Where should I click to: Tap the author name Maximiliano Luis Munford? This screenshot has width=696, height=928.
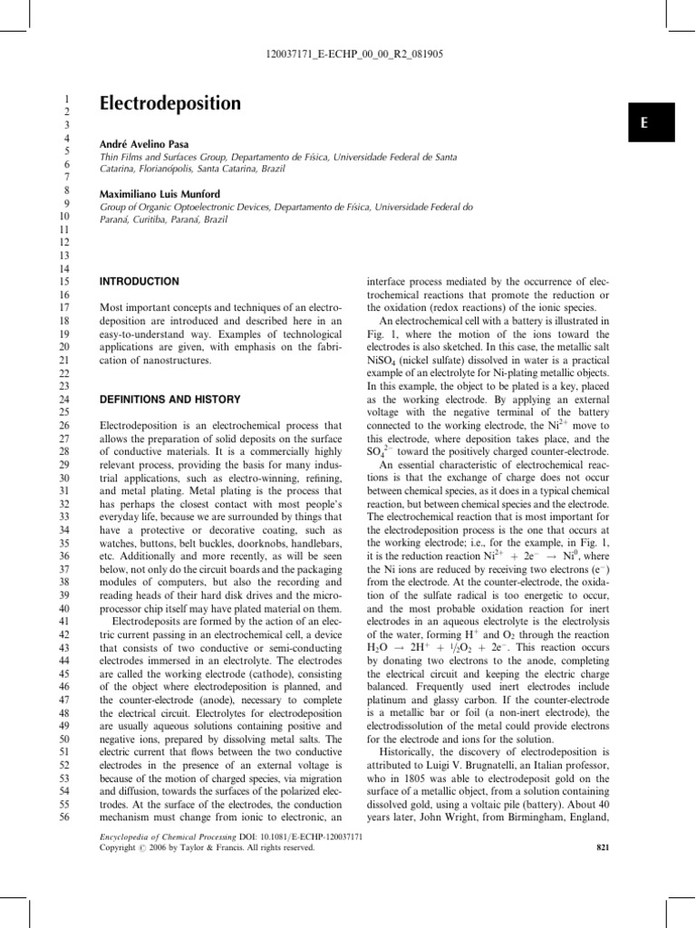point(167,195)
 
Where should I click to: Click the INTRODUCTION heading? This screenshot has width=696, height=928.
point(139,283)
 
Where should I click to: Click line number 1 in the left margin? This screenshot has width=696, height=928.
point(64,96)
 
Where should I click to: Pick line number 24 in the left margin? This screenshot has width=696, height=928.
point(63,399)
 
